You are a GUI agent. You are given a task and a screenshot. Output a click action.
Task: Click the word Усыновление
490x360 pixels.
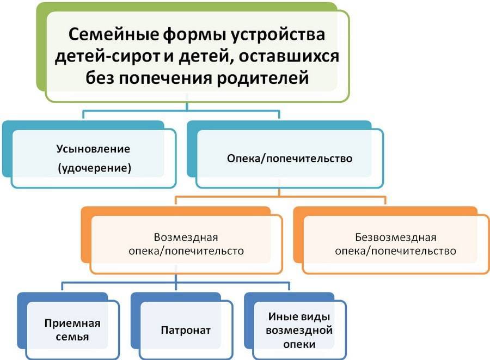pyautogui.click(x=94, y=148)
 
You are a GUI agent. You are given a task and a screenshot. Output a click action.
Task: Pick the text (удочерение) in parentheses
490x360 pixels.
pyautogui.click(x=94, y=168)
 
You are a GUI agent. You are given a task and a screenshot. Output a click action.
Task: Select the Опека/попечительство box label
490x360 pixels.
pyautogui.click(x=289, y=158)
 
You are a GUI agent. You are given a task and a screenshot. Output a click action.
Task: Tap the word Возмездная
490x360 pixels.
pyautogui.click(x=186, y=237)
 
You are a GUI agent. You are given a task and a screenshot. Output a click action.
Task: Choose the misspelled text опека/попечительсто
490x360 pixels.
pyautogui.click(x=186, y=252)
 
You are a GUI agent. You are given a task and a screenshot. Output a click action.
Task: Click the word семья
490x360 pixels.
pyautogui.click(x=71, y=337)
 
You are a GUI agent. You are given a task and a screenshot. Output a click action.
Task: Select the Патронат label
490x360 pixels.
pyautogui.click(x=186, y=330)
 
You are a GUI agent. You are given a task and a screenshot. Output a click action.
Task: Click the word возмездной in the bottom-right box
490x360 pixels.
pyautogui.click(x=299, y=330)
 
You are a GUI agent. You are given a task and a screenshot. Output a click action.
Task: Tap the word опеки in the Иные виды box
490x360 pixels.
pyautogui.click(x=299, y=344)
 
